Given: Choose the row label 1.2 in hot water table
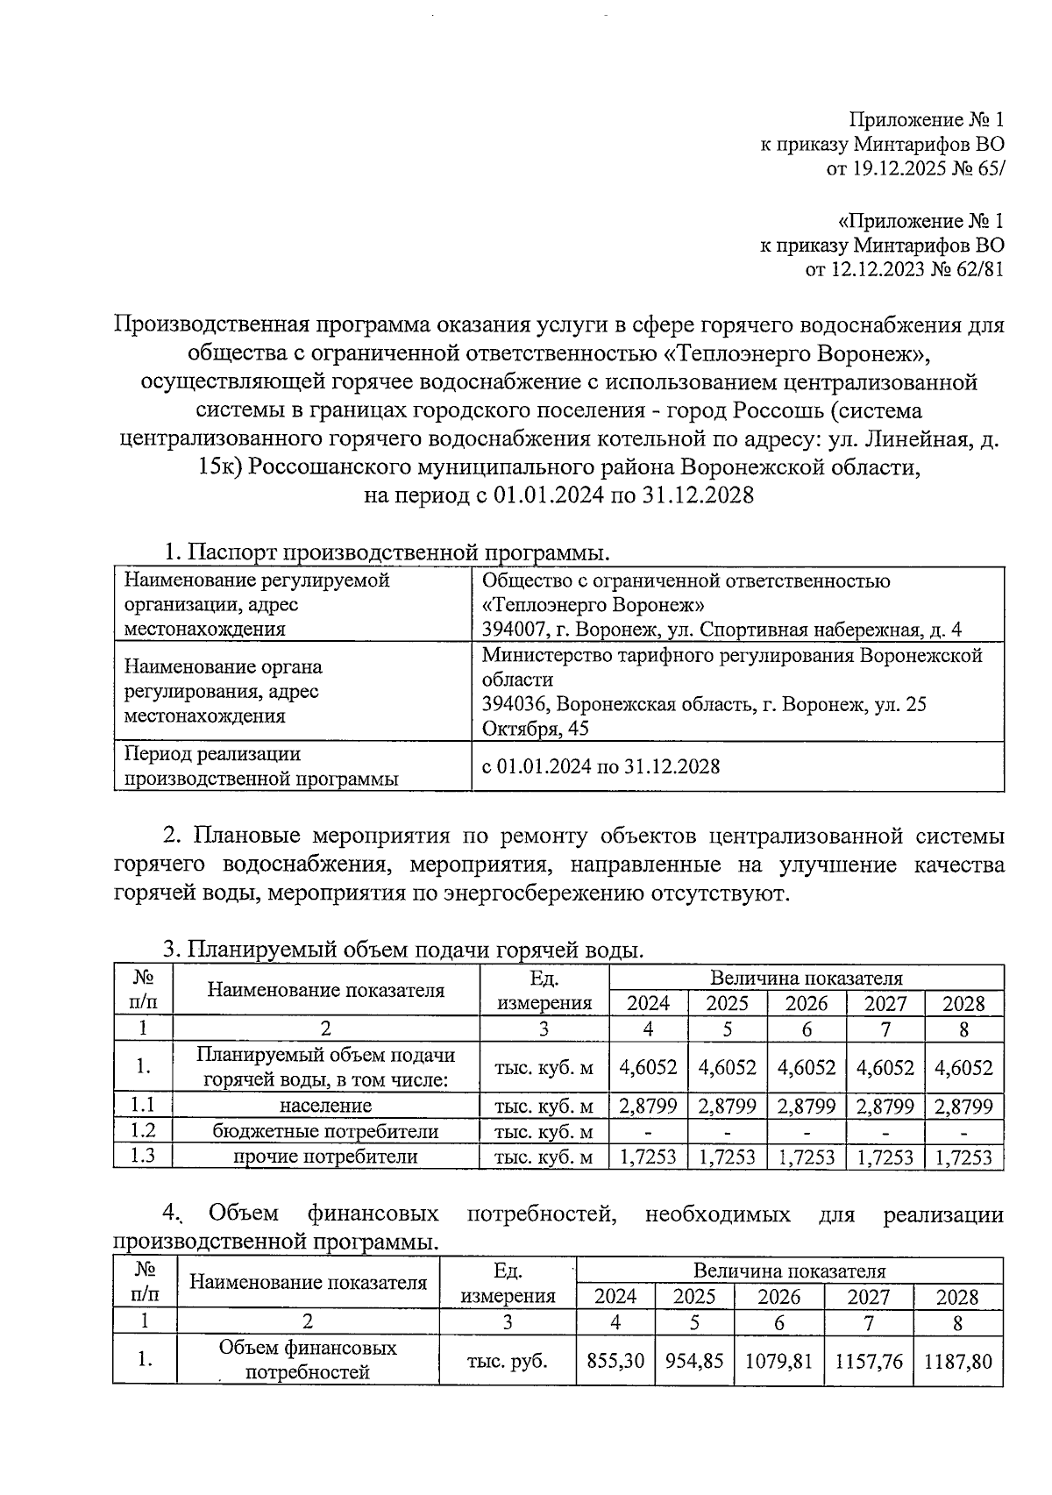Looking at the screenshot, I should [142, 1131].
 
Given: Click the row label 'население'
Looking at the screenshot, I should [325, 1106].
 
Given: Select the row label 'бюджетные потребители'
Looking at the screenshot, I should [325, 1131].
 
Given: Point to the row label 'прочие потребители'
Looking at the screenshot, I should [325, 1157].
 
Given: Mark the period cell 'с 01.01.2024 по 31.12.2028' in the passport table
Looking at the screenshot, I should [601, 766].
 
